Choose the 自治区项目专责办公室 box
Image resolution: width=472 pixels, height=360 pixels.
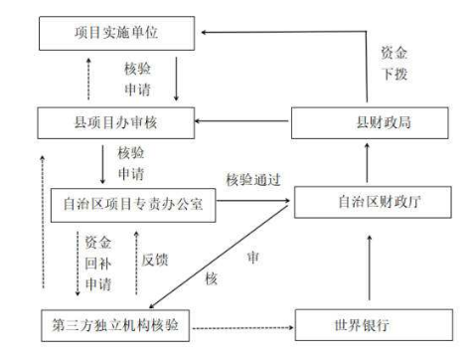(131, 206)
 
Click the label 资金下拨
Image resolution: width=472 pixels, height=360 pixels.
(395, 62)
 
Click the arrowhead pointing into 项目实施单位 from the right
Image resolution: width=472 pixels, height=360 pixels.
(206, 32)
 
